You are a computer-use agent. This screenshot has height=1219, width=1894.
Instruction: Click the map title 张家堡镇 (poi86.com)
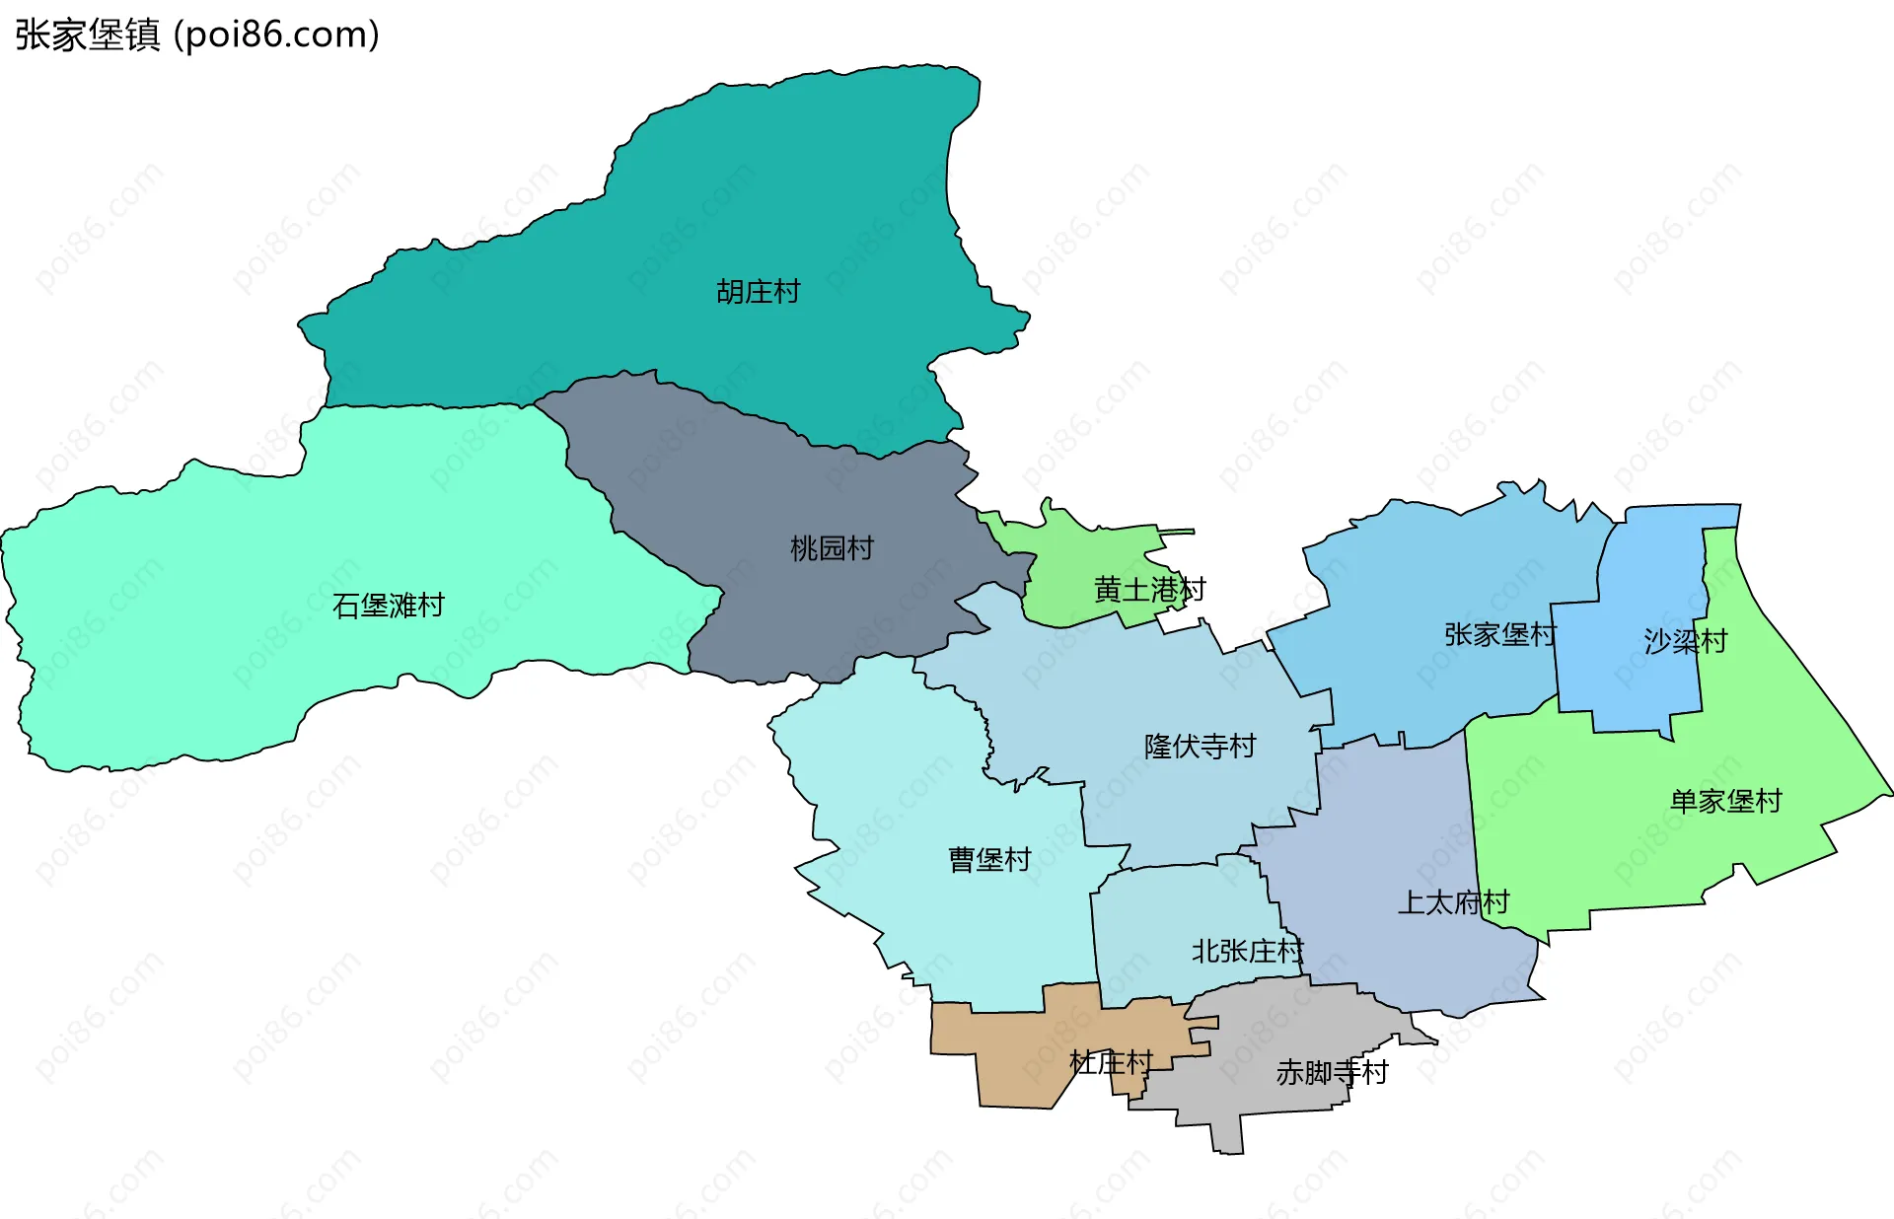click(197, 35)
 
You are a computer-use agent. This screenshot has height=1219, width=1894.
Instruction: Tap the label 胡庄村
click(758, 292)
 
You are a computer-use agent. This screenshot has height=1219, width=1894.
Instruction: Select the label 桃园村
click(832, 548)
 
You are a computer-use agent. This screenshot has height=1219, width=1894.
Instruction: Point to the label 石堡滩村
click(389, 606)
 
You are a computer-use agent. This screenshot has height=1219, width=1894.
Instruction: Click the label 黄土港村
click(1149, 590)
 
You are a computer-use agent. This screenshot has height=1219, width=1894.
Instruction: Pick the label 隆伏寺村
click(1200, 747)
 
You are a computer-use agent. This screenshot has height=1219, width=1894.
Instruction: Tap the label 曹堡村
click(989, 860)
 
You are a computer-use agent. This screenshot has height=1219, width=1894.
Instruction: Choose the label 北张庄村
click(1247, 952)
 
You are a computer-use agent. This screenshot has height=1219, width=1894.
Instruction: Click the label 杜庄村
click(1111, 1062)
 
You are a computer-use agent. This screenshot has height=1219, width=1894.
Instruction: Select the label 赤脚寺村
click(1332, 1072)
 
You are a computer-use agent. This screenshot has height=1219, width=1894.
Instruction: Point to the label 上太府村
click(1453, 902)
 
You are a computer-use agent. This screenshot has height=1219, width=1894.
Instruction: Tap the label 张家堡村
click(1499, 634)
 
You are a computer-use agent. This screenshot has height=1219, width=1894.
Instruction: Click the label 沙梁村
click(1685, 642)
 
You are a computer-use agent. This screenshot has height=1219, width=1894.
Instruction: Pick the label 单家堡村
click(1725, 801)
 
